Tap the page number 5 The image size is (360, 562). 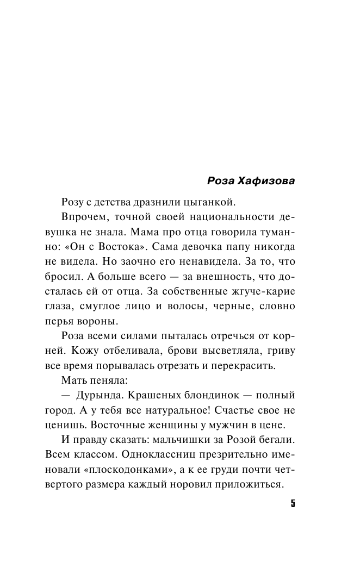pyautogui.click(x=292, y=503)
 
